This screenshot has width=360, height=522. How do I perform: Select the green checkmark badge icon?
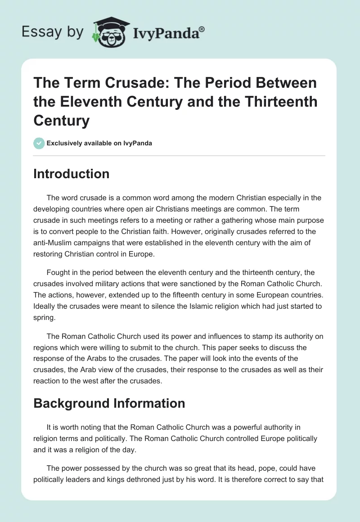pos(39,143)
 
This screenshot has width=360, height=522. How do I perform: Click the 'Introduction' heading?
pos(71,174)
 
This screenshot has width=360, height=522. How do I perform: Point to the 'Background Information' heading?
pos(109,403)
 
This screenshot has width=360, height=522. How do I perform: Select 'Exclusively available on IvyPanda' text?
pos(99,143)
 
